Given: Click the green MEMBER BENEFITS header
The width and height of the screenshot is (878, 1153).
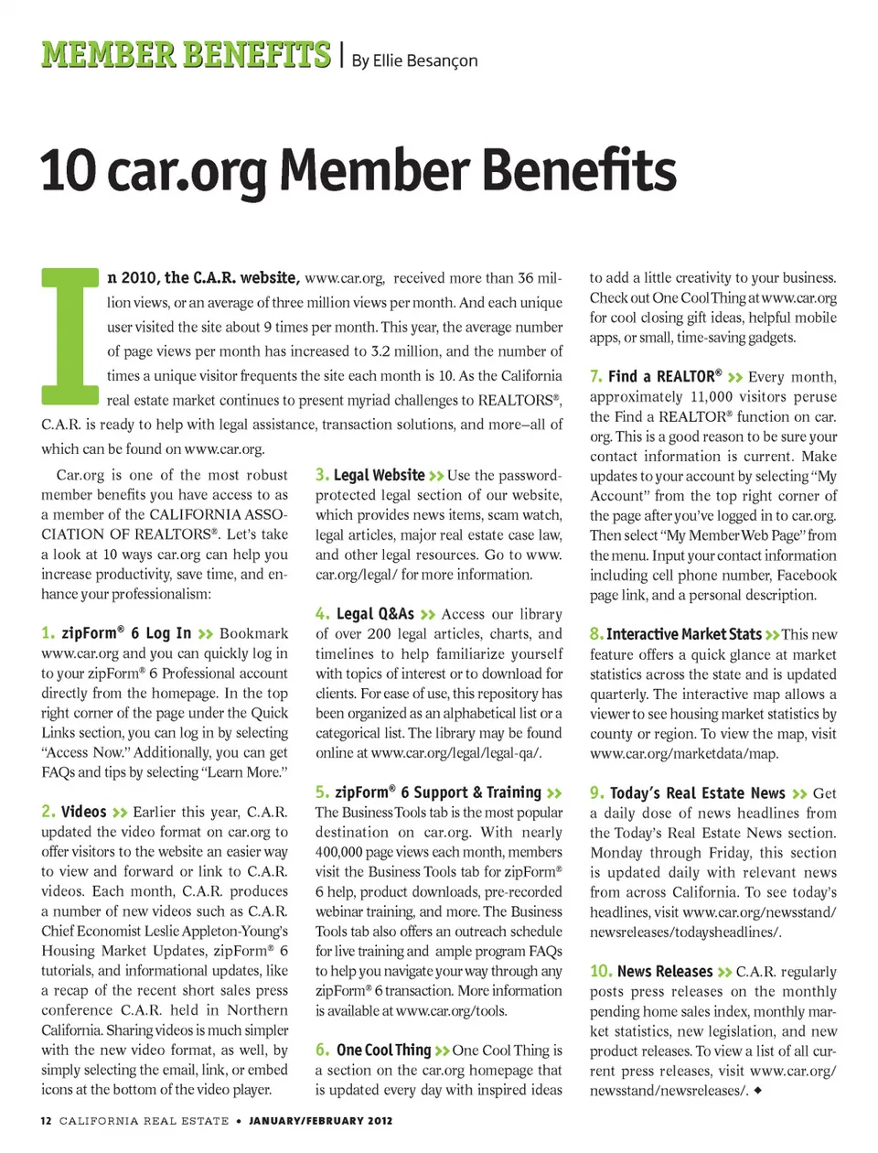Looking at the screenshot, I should click(x=186, y=55).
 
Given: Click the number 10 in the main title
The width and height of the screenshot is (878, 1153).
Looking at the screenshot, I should click(x=68, y=171).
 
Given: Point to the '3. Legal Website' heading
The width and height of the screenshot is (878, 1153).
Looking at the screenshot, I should click(x=370, y=475).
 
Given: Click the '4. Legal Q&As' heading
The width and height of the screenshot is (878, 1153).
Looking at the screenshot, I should click(x=366, y=614).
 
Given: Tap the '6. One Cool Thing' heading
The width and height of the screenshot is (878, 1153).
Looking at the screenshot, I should click(x=374, y=1050).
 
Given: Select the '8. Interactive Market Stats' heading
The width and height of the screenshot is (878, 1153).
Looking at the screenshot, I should click(x=676, y=634).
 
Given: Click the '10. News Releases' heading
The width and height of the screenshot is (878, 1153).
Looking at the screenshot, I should click(x=651, y=971).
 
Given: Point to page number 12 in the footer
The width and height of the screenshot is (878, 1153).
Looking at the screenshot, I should click(x=47, y=1121).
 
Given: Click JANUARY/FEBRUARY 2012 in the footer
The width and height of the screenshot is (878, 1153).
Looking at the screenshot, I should click(x=320, y=1121).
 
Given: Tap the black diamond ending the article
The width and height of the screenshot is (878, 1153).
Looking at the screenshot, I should click(x=758, y=1090).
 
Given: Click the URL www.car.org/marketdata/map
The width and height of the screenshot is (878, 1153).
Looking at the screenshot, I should click(x=684, y=754).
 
